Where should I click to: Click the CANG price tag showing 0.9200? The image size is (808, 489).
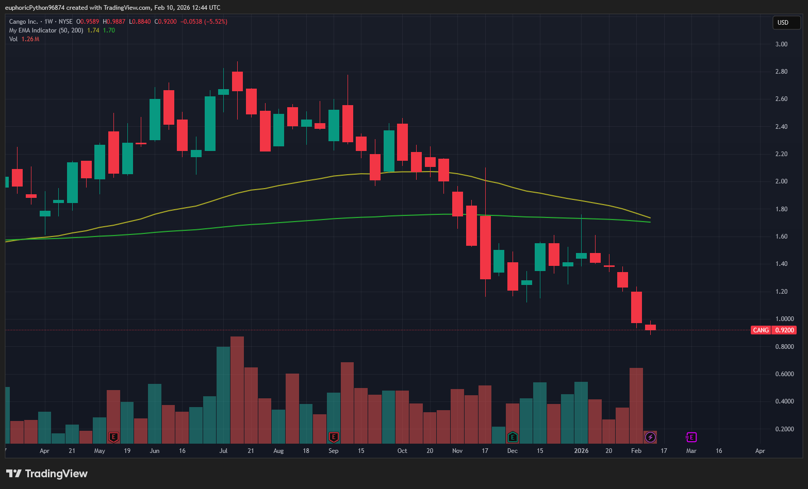click(773, 330)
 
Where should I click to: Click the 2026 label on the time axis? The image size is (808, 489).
click(581, 451)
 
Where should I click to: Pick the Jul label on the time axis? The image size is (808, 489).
click(223, 451)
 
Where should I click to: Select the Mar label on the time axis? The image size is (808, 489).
click(691, 451)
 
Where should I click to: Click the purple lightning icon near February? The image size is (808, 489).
click(651, 437)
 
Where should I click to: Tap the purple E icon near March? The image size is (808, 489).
click(691, 437)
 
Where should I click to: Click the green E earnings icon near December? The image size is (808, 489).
click(513, 437)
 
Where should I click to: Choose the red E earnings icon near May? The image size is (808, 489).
click(113, 437)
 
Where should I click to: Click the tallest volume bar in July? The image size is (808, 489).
click(237, 390)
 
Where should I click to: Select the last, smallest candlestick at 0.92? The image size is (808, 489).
click(650, 327)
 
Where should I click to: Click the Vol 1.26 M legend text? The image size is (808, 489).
click(24, 39)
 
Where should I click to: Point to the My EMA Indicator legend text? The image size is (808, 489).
click(46, 30)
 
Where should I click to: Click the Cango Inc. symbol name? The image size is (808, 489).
click(24, 22)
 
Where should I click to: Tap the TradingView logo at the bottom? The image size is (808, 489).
click(47, 474)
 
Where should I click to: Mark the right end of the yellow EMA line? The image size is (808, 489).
click(650, 217)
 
